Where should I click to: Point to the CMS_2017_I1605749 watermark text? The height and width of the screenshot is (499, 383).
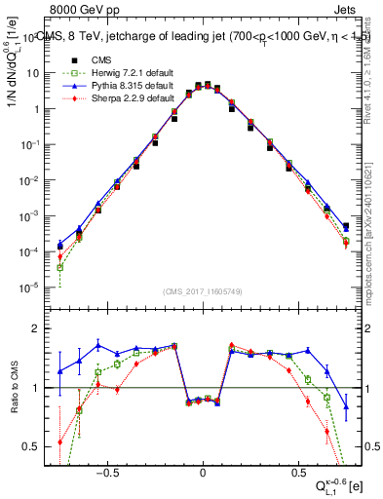[x=203, y=291]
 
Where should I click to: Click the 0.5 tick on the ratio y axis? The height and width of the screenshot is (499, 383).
[x=34, y=446]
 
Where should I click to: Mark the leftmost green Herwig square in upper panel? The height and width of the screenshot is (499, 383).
[x=59, y=267]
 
